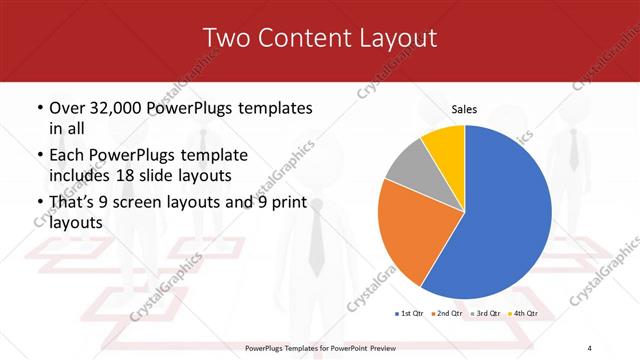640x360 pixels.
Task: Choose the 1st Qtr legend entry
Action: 410,314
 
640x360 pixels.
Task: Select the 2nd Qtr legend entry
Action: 447,314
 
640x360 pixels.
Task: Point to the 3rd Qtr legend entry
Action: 485,314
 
